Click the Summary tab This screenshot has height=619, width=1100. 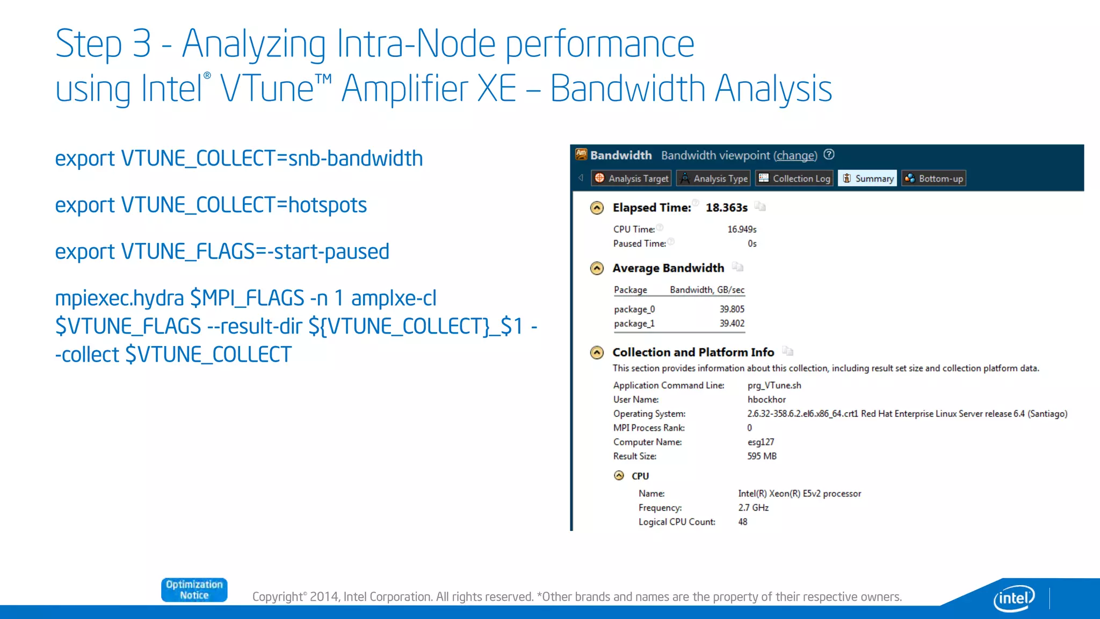pos(867,178)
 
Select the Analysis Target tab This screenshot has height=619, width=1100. pos(632,178)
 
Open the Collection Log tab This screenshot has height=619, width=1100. pos(794,178)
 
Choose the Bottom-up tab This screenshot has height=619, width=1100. pos(934,178)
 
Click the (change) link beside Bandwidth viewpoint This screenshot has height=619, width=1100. pos(795,156)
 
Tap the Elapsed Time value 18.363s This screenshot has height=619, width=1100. pos(726,208)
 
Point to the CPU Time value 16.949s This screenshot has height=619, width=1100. pos(742,229)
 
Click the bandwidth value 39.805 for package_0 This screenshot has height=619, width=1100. pos(732,309)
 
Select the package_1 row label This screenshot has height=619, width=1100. pos(634,323)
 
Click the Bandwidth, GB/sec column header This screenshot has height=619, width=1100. pos(707,290)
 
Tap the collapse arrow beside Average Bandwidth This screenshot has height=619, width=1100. pos(597,268)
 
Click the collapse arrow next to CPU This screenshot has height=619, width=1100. pos(619,476)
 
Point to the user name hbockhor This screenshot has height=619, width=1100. pos(766,400)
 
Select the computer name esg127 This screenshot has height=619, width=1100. pos(761,442)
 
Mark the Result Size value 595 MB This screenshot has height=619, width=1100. pos(762,456)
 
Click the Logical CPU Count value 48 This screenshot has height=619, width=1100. pos(742,522)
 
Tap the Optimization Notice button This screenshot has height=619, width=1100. pos(194,590)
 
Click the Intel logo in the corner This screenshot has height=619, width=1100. pos(1014,598)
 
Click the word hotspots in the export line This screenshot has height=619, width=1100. pos(328,205)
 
